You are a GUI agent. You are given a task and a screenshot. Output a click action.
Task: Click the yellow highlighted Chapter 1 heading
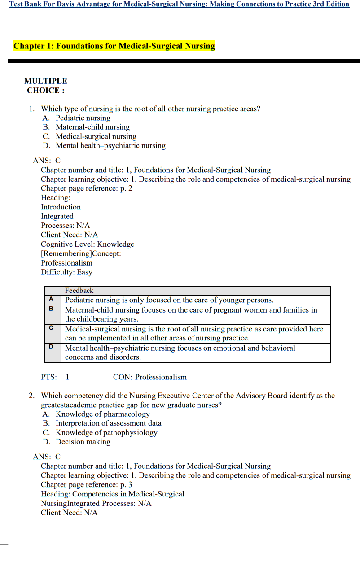[x=114, y=46]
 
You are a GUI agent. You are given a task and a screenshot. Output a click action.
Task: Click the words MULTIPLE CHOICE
[x=45, y=86]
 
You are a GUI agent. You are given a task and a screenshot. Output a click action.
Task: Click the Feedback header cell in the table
[x=79, y=291]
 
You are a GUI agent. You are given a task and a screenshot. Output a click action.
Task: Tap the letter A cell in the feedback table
[x=51, y=299]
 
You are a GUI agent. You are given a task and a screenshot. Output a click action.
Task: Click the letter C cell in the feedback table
[x=51, y=328]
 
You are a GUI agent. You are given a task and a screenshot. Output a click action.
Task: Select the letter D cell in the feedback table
[x=51, y=347]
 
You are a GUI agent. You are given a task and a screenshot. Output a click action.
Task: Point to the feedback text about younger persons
[x=169, y=300]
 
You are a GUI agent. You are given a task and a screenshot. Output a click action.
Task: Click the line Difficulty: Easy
[x=66, y=272]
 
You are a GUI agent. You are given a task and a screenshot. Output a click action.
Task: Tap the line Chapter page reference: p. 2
[x=86, y=188]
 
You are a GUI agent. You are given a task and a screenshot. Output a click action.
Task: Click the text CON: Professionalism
[x=149, y=377]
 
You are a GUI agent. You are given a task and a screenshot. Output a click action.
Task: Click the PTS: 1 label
[x=55, y=377]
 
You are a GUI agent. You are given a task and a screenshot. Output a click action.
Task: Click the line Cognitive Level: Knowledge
[x=87, y=244]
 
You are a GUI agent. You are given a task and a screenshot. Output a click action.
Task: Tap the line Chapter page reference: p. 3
[x=86, y=485]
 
